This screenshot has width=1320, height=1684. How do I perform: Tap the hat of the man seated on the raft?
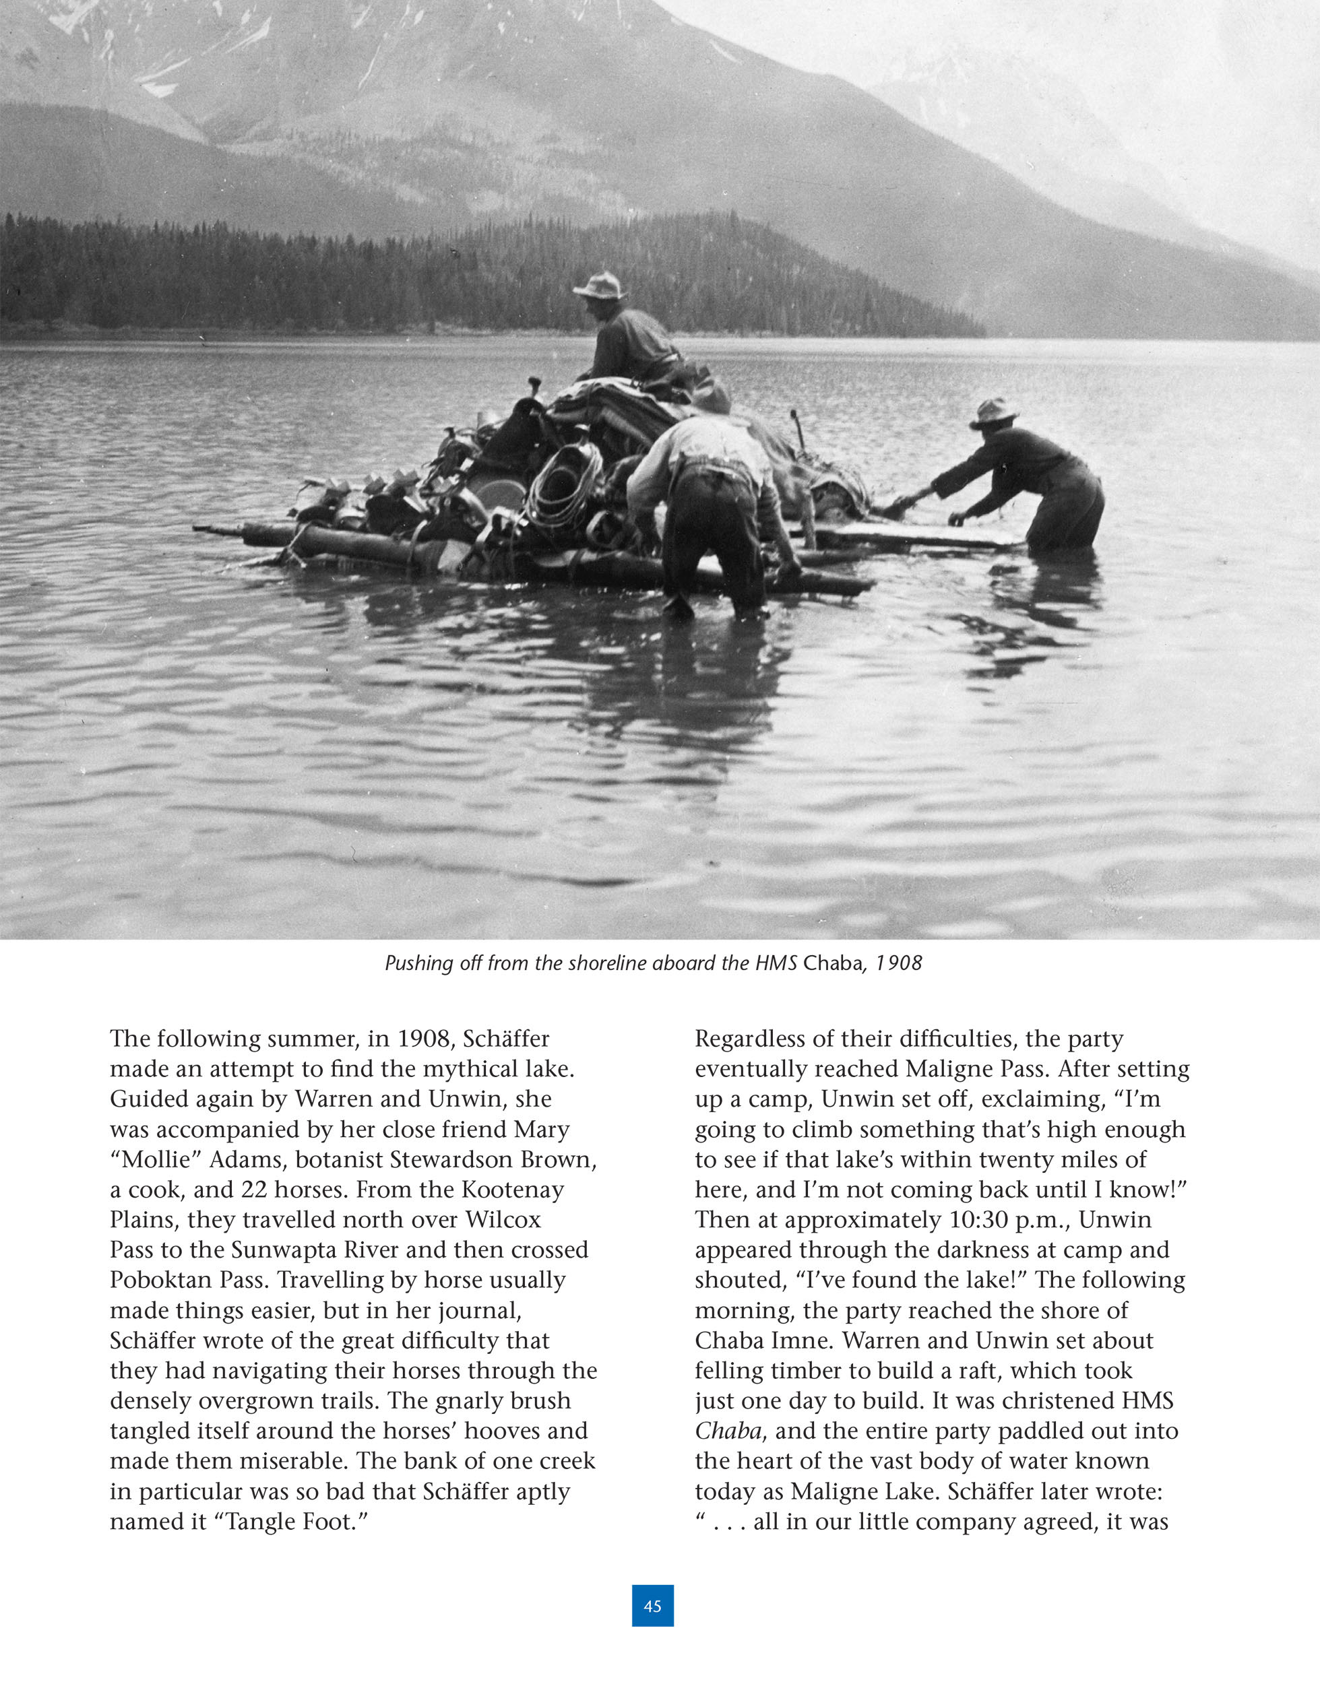tap(599, 286)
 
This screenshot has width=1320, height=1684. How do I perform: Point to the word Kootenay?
tap(512, 1190)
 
